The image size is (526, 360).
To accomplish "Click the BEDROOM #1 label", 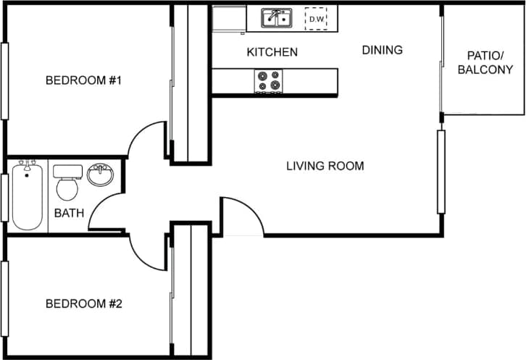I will click(83, 80).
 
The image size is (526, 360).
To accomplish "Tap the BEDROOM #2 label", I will click(83, 304).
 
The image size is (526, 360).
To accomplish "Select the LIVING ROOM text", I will click(325, 166).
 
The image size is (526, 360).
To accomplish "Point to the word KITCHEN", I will click(272, 52).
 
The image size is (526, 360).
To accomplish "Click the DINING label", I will click(382, 50).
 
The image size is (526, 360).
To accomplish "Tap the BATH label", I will click(69, 213).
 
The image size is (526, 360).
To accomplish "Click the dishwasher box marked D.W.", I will click(316, 19).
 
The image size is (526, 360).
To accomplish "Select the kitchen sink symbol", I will click(276, 17).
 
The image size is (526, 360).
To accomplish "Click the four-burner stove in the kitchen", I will click(268, 81).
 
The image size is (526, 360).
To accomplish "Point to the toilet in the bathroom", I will click(67, 184).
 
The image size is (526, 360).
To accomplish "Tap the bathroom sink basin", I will click(99, 175).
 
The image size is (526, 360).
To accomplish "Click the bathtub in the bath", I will click(27, 196).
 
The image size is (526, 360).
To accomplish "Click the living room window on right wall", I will click(441, 172).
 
